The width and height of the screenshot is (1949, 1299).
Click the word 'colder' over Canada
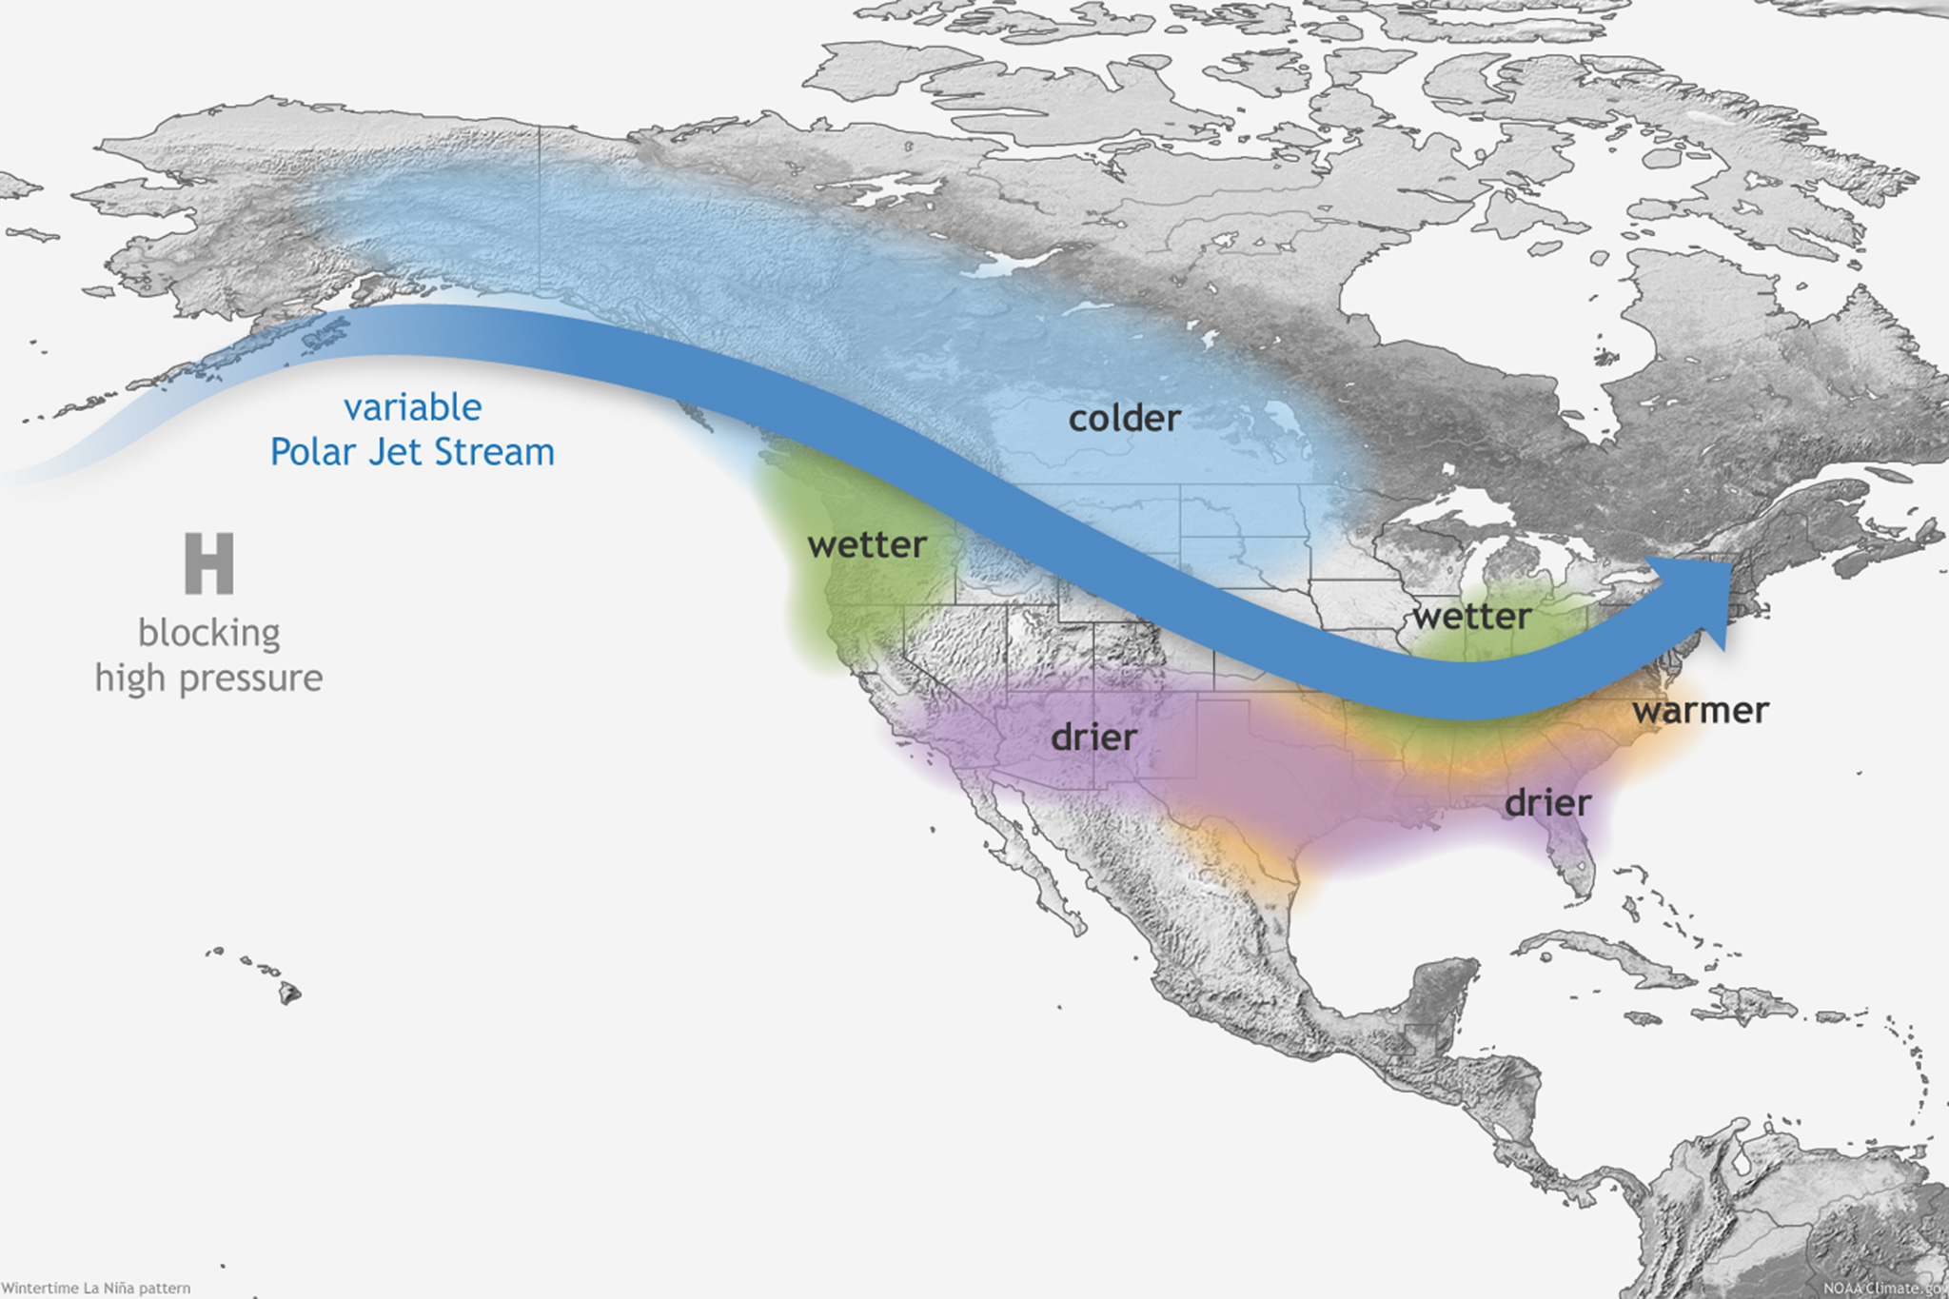point(1124,418)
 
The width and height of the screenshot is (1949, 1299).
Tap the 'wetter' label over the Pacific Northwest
point(866,545)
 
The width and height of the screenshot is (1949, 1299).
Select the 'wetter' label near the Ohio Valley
point(1471,617)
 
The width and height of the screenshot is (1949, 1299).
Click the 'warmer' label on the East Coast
point(1701,710)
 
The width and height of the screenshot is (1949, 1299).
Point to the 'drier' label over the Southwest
point(1093,738)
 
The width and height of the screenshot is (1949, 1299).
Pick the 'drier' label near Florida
point(1547,803)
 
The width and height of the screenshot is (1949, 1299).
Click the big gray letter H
point(209,563)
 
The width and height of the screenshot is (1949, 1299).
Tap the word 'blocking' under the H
point(209,633)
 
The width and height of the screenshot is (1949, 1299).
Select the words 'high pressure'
point(209,678)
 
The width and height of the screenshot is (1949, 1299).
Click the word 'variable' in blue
point(412,407)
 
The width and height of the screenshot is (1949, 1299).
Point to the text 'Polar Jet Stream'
point(412,452)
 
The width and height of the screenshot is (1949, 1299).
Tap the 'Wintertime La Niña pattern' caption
point(96,1288)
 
